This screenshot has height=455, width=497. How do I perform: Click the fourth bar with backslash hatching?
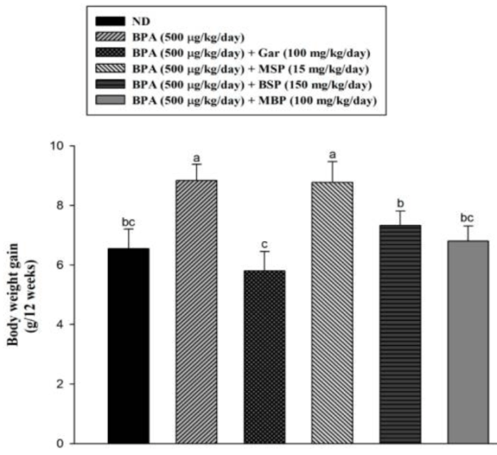331,313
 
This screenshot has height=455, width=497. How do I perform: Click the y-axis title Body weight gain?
22,294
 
